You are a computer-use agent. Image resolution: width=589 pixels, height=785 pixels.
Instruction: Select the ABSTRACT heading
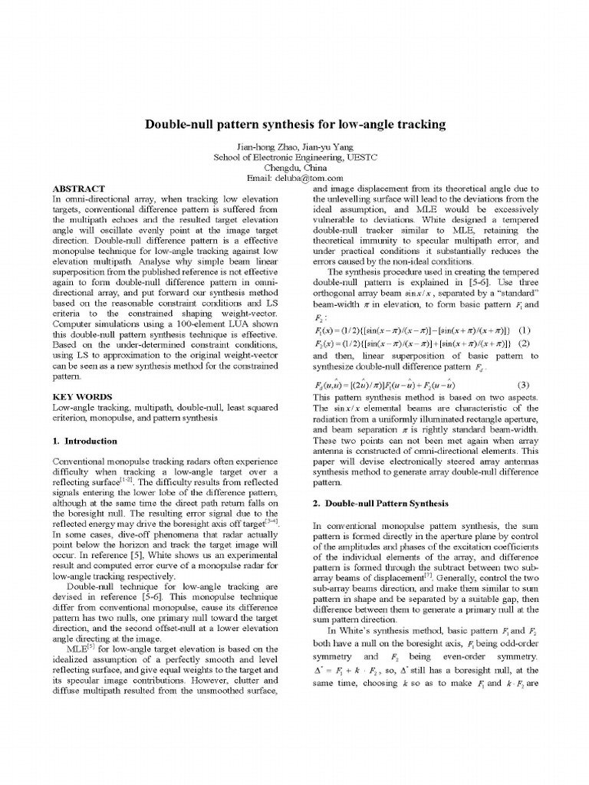[78, 188]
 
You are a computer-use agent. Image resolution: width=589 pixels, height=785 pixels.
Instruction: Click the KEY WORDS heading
[79, 397]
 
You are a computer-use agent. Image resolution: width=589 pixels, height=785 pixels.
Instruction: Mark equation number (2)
[525, 343]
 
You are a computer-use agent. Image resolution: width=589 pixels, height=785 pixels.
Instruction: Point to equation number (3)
[525, 384]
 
